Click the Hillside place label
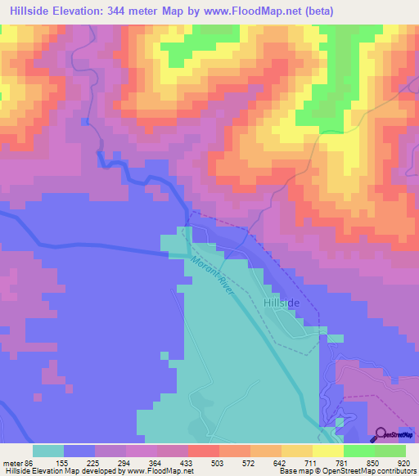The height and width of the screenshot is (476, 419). [282, 303]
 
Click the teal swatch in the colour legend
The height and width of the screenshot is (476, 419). [48, 451]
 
